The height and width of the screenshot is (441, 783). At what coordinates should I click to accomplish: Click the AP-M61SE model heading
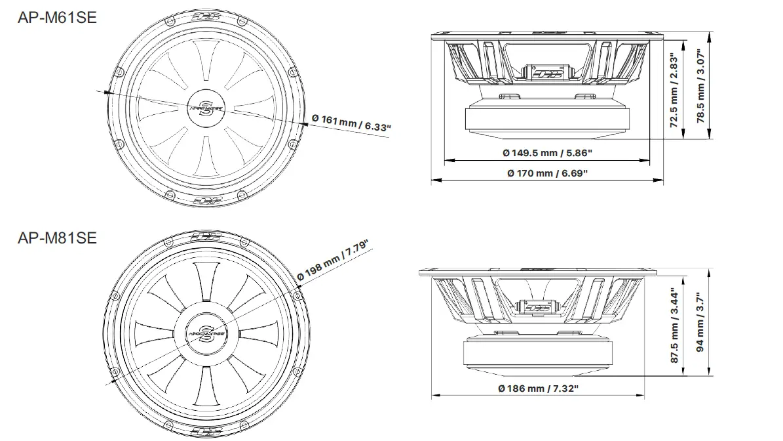(x=57, y=18)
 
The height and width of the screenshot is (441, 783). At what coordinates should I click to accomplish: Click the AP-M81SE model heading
(x=57, y=237)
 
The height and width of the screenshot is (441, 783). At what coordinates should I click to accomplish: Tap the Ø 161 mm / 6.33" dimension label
(x=351, y=122)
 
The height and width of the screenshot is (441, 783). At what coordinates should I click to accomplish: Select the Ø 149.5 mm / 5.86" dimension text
(x=547, y=153)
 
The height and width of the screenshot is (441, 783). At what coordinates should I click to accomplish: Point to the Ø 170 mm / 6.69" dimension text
(x=547, y=173)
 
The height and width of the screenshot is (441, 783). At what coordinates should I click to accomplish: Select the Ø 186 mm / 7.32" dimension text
(x=539, y=388)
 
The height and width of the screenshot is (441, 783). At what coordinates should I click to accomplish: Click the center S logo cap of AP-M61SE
(x=205, y=106)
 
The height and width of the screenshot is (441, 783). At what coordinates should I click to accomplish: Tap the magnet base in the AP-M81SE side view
(x=539, y=354)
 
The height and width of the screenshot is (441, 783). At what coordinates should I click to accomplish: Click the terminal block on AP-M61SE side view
(x=548, y=71)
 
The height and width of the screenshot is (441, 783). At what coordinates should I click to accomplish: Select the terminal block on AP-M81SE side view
(x=537, y=306)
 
